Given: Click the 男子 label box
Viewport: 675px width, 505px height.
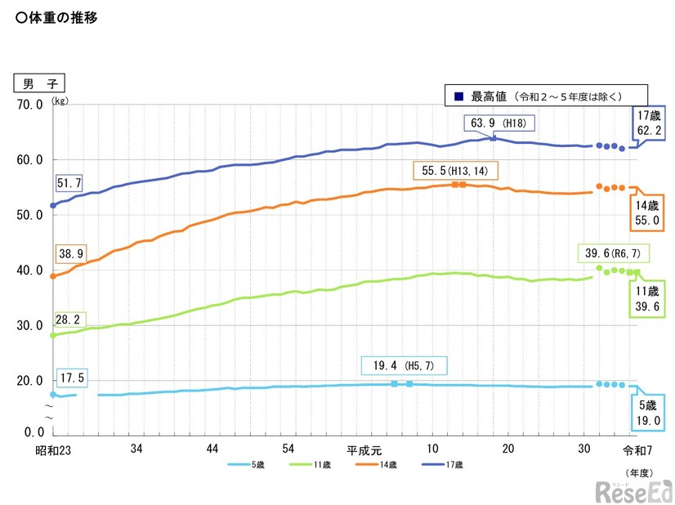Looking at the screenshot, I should coord(39,83).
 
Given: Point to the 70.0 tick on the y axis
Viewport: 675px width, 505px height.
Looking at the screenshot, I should coord(29,105).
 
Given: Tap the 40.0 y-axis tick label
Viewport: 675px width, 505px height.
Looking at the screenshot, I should coord(29,270).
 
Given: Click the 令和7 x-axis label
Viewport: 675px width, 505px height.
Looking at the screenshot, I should coord(639,449).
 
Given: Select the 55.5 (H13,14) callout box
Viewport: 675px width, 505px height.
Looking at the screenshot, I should coord(456,172).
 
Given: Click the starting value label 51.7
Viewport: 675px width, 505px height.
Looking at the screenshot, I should coord(69,185).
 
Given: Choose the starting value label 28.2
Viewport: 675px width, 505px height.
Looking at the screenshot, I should coord(69,318).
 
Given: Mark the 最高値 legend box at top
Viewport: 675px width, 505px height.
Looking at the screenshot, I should coord(545,96).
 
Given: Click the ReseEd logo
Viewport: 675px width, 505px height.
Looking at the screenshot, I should coord(633,489).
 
